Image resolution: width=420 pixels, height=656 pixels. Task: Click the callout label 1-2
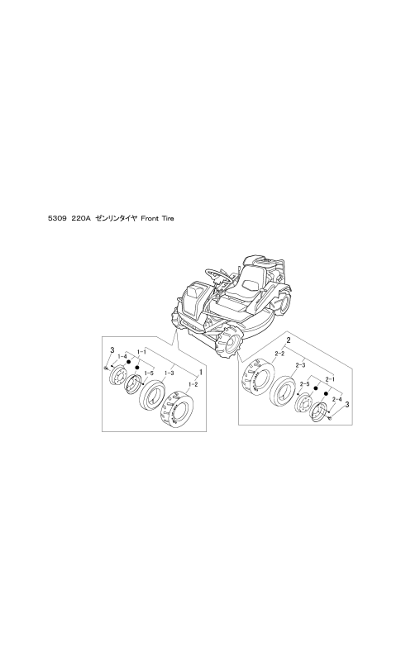(x=193, y=383)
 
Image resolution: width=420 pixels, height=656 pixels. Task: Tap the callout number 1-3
(x=169, y=372)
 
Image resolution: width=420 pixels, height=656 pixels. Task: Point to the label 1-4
(x=122, y=356)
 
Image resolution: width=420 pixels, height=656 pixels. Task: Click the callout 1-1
(x=141, y=352)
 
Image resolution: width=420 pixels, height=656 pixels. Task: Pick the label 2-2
(x=279, y=354)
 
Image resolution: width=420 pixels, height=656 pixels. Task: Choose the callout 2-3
(x=300, y=365)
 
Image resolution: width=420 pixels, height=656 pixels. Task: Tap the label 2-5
(x=304, y=383)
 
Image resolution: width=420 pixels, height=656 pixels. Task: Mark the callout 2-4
(x=336, y=400)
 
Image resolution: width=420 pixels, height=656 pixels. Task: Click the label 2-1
(x=331, y=378)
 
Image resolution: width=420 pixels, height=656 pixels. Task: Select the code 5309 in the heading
(x=56, y=218)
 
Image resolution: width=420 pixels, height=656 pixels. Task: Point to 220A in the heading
(x=81, y=218)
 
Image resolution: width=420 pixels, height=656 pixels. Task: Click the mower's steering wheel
(x=218, y=274)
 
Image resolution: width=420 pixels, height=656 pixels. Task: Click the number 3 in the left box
(x=112, y=349)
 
